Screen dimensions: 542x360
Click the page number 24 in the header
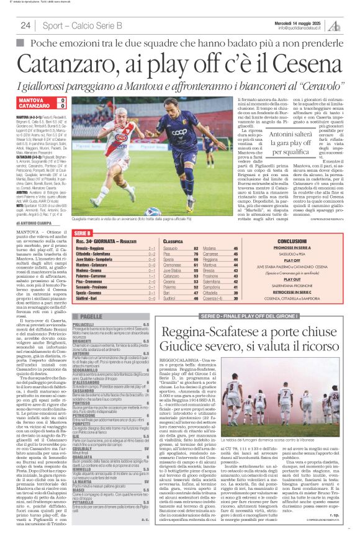point(25,25)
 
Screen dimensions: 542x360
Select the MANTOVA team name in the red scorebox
point(32,100)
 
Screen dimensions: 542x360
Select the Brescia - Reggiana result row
point(115,248)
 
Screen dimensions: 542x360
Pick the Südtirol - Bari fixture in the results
point(115,298)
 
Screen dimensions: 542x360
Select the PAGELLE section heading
point(91,316)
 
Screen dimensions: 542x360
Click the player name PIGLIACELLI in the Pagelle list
point(84,324)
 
